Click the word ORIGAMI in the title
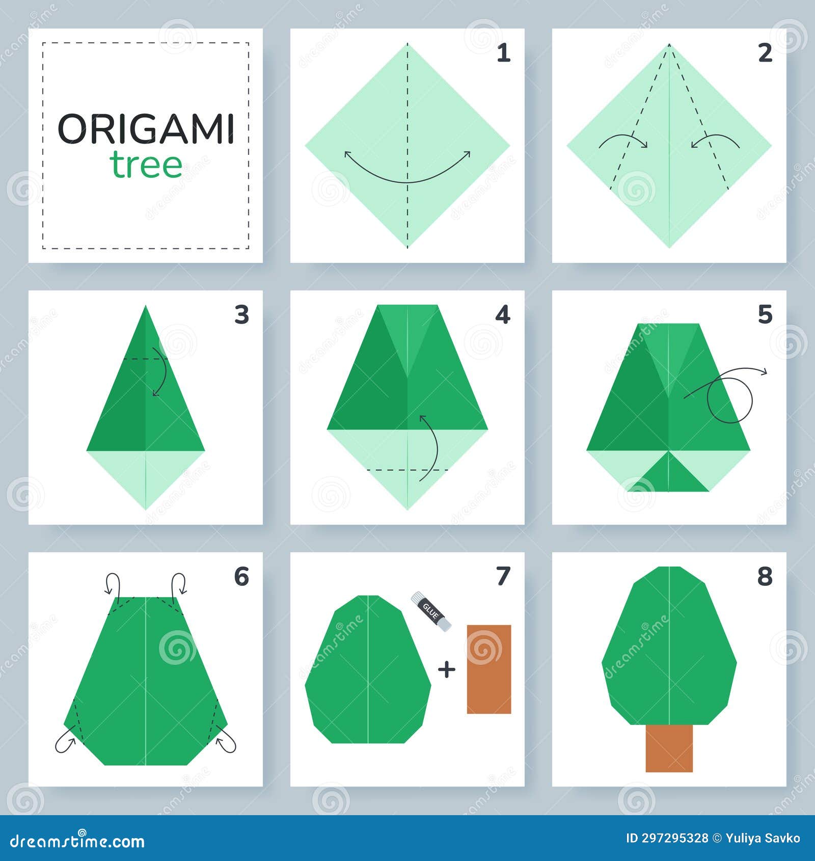click(146, 129)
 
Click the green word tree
click(146, 165)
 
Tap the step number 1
click(503, 53)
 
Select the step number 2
click(765, 53)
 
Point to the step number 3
click(241, 315)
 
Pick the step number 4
click(503, 315)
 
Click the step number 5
click(765, 315)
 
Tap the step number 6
click(241, 577)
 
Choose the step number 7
click(503, 577)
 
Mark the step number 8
click(765, 577)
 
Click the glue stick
click(431, 611)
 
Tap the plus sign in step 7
click(447, 669)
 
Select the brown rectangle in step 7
click(489, 669)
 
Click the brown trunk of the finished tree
click(669, 748)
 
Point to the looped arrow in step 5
click(729, 398)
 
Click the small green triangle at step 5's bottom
click(668, 474)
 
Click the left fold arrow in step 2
click(623, 141)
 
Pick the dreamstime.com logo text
click(77, 841)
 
